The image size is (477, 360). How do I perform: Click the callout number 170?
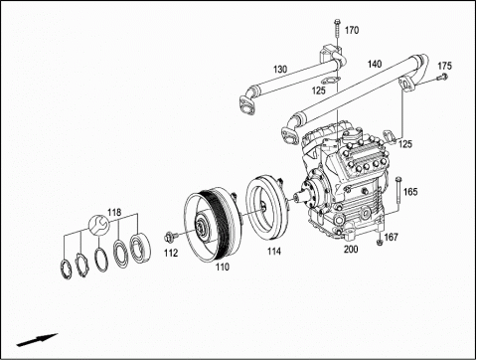(352, 30)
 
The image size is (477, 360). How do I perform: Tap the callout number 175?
(444, 66)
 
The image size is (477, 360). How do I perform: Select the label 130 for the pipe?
(280, 70)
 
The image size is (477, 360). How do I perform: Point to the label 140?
(375, 64)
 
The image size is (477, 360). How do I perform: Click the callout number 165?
(410, 192)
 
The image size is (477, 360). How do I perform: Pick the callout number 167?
(391, 237)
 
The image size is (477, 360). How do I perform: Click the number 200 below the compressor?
(351, 249)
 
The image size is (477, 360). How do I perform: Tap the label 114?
(274, 252)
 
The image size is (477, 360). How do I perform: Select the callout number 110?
(223, 267)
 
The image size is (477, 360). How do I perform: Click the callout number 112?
(171, 253)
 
